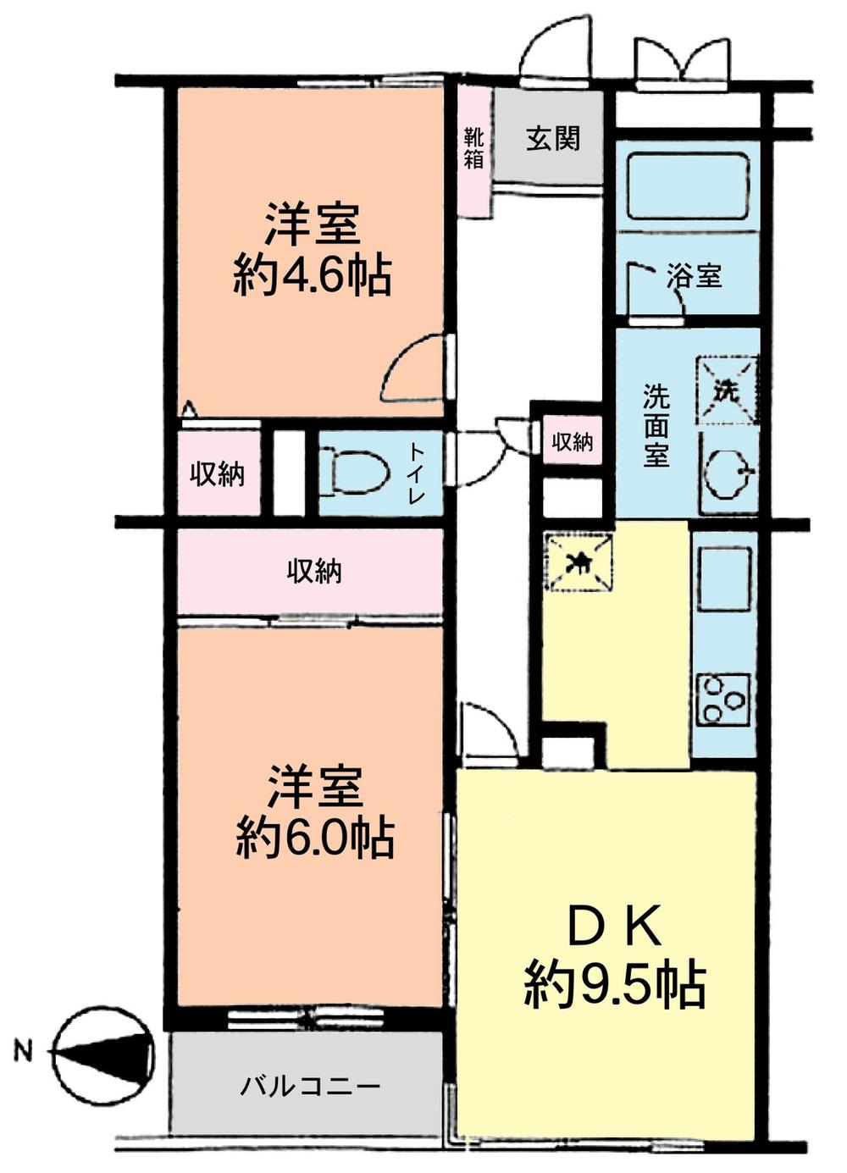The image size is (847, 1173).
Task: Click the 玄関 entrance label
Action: pyautogui.click(x=553, y=137)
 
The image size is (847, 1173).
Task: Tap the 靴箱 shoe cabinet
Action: pyautogui.click(x=474, y=148)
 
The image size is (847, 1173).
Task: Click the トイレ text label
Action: pyautogui.click(x=416, y=473)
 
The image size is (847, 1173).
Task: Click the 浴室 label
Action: pyautogui.click(x=695, y=275)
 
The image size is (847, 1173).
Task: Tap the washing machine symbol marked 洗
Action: pyautogui.click(x=727, y=390)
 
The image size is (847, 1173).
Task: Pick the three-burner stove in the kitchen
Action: pyautogui.click(x=724, y=699)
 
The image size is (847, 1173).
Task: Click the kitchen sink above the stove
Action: pyautogui.click(x=725, y=578)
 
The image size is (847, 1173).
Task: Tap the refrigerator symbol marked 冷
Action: pyautogui.click(x=581, y=561)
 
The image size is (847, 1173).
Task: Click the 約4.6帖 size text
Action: pyautogui.click(x=313, y=274)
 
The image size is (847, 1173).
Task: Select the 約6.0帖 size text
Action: pyautogui.click(x=314, y=838)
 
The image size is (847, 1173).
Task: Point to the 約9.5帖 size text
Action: pyautogui.click(x=614, y=982)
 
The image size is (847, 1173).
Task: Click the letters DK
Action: pyautogui.click(x=614, y=930)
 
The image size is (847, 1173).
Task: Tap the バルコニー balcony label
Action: pyautogui.click(x=310, y=1086)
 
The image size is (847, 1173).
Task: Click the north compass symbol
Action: pyautogui.click(x=103, y=1054)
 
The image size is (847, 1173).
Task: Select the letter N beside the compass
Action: pyautogui.click(x=23, y=1054)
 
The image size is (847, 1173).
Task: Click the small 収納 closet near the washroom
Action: pyautogui.click(x=573, y=441)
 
